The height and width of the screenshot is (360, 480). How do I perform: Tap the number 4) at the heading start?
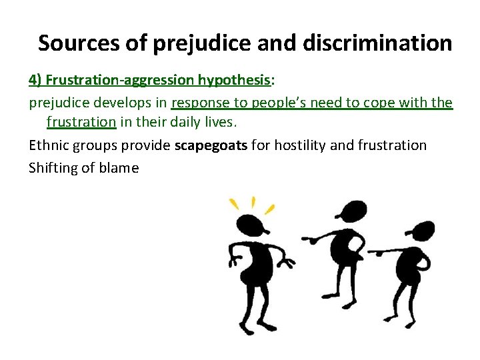pos(35,80)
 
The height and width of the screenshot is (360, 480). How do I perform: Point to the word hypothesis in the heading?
pos(234,80)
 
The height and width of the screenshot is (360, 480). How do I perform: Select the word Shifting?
pos(52,167)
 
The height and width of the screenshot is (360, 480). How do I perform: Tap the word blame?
pos(120,167)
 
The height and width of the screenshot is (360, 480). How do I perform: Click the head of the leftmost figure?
pos(252,226)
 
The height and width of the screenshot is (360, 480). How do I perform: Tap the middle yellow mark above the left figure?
pos(253,202)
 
